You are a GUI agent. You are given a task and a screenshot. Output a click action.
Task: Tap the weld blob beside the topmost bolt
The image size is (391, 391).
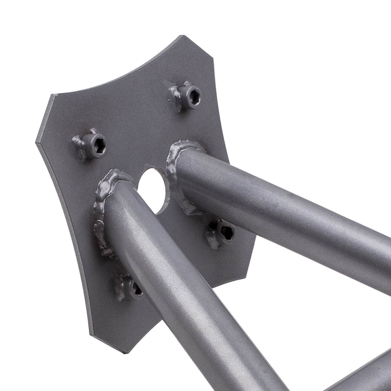(175, 96)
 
